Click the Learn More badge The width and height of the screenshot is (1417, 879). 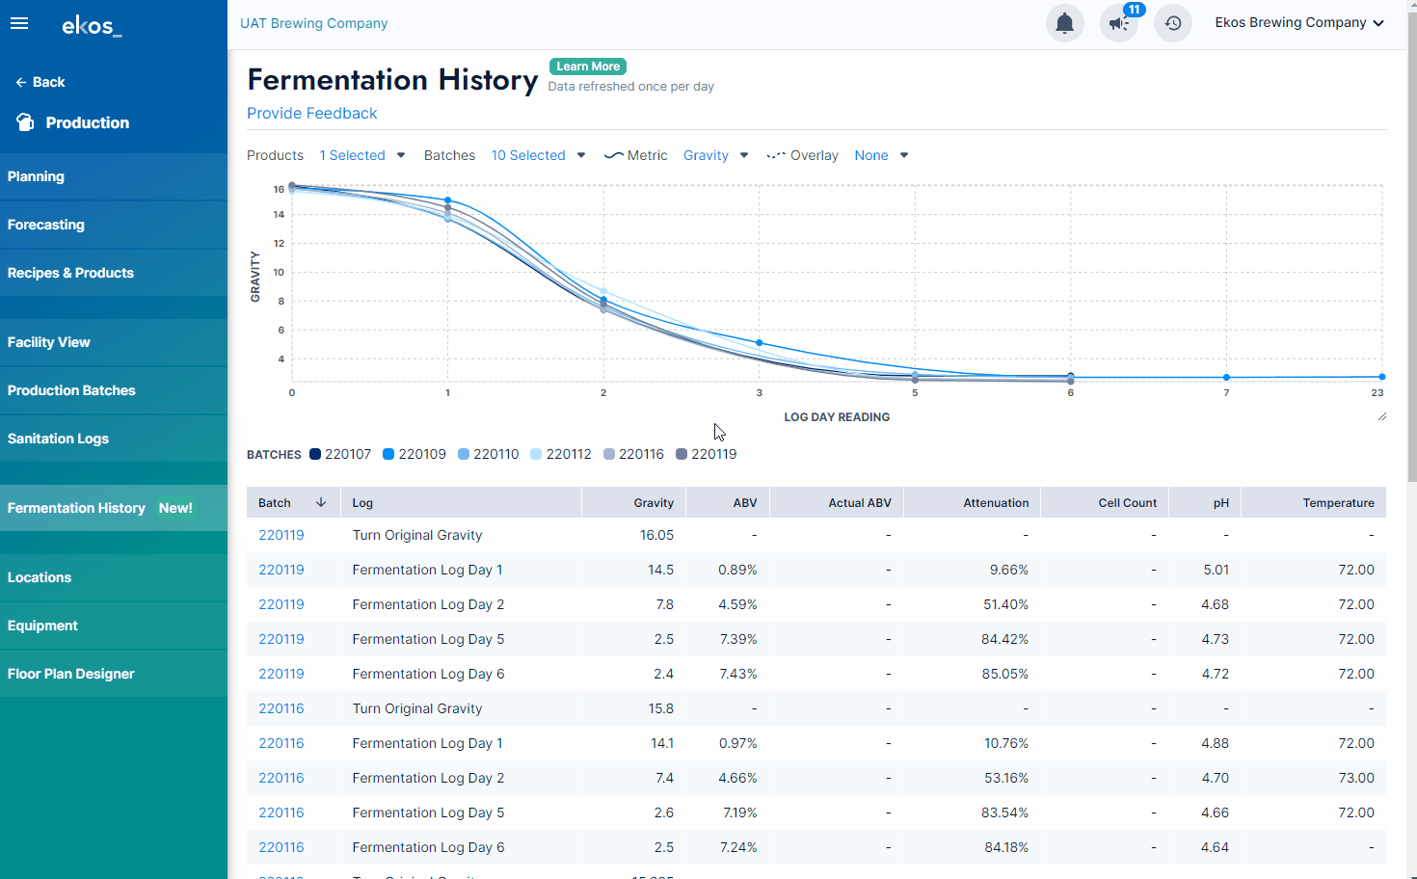(588, 67)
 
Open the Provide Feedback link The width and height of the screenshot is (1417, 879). (311, 114)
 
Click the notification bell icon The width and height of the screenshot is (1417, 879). (1064, 23)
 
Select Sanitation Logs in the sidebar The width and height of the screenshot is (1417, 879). (58, 439)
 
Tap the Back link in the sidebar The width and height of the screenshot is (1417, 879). (40, 82)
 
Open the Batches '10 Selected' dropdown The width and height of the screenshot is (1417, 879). (538, 155)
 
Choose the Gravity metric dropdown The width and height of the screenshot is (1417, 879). (715, 155)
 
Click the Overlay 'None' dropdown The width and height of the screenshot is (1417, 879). (881, 155)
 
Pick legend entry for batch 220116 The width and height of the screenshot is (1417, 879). (633, 454)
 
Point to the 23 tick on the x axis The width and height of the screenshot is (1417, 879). (1377, 392)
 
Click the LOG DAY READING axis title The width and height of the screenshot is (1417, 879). (837, 417)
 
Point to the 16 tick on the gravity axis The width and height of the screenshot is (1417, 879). (279, 189)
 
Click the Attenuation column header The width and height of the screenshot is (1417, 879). (996, 503)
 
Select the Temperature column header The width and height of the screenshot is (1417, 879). (1338, 503)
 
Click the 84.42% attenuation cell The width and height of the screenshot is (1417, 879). (1004, 639)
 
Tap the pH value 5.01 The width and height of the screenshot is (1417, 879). (1216, 570)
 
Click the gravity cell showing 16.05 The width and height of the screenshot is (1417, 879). (656, 535)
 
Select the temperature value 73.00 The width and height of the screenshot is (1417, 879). (1355, 778)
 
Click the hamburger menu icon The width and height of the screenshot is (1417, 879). (19, 23)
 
